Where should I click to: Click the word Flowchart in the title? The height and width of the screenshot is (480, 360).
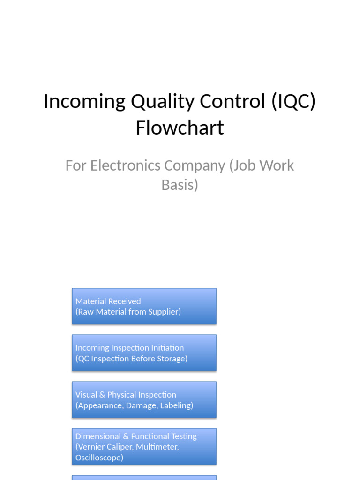180,127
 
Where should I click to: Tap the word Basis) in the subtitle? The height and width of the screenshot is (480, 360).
180,185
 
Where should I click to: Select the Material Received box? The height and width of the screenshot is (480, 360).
144,306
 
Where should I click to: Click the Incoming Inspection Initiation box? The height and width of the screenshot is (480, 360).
144,352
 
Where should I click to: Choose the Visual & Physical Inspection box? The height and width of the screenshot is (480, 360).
144,399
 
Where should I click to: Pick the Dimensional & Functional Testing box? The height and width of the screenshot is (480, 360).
144,446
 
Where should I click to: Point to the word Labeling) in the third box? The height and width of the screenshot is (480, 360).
177,405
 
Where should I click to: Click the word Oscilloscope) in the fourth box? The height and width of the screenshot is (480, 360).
99,457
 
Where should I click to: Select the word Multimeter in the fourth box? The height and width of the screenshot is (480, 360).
157,447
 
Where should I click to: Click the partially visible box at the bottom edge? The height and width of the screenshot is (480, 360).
144,477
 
